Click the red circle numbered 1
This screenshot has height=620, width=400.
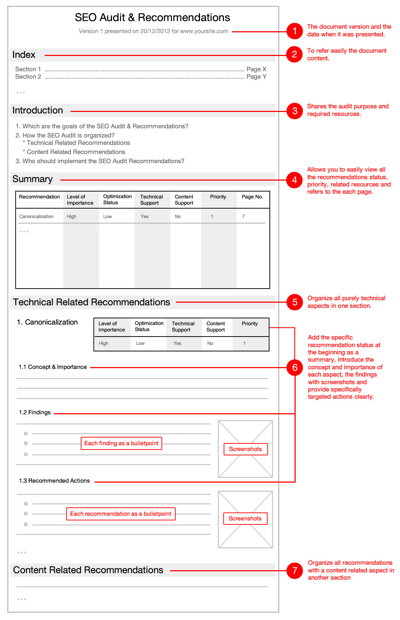[295, 31]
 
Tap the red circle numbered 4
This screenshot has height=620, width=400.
[295, 180]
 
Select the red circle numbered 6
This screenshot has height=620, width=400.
[295, 367]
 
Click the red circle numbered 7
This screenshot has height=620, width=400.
[295, 571]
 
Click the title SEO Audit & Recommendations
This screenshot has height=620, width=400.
[152, 17]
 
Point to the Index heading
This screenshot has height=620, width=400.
[24, 55]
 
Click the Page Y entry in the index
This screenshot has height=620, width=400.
[256, 77]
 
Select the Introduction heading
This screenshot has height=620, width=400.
[38, 110]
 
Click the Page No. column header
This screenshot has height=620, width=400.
[252, 197]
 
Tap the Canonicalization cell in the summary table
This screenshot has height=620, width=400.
[36, 217]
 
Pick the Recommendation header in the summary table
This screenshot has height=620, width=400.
[39, 197]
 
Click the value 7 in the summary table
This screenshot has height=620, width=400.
[244, 217]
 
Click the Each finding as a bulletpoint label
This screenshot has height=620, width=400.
[121, 443]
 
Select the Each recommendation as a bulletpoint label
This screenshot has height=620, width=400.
[121, 514]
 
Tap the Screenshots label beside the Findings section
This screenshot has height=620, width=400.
[245, 449]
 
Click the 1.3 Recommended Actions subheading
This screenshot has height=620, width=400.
[55, 481]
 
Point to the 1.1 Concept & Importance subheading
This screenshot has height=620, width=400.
[53, 367]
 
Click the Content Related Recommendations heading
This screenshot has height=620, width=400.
[88, 570]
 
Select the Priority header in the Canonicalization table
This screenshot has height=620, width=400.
[250, 324]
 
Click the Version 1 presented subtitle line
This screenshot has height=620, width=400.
[153, 31]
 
